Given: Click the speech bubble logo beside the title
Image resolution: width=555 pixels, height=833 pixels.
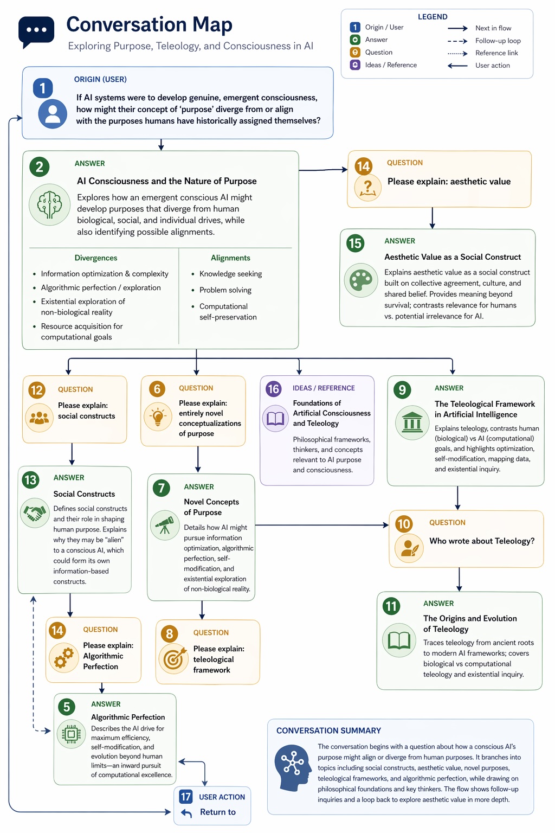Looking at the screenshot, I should pos(36,31).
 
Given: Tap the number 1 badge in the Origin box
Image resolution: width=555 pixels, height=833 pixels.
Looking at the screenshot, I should pos(43,88).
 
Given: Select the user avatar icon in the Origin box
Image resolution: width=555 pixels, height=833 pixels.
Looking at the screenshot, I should pos(53,113).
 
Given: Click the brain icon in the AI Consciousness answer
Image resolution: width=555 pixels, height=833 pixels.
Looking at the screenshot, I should pos(49,204).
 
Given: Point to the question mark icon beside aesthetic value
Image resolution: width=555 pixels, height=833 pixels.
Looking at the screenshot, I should pos(367,188).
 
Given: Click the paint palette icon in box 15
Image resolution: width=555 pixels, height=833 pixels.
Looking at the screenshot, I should pos(361,280).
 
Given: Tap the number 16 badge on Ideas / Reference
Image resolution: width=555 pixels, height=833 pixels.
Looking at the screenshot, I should pos(273,389).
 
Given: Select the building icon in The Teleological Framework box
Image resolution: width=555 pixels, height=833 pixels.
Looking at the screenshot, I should pos(412,422).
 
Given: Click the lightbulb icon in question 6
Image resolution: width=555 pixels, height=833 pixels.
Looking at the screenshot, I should pos(158,416).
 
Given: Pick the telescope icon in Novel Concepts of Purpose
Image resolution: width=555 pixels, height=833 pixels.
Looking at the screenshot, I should pos(165,525).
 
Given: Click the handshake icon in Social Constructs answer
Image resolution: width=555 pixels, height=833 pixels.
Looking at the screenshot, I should pos(35,512).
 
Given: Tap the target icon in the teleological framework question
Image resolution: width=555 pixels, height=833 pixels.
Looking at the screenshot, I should pos(173,658).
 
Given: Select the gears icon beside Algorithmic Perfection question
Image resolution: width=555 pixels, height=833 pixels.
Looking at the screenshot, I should pos(64,657).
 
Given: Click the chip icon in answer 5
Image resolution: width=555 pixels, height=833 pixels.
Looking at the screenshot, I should pos(71,734).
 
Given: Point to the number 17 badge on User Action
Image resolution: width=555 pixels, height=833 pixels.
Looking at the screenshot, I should pos(186,797).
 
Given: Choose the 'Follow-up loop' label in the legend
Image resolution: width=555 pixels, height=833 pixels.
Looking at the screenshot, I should pos(498,41).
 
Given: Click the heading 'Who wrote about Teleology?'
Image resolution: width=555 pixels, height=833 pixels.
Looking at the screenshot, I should pos(482,541).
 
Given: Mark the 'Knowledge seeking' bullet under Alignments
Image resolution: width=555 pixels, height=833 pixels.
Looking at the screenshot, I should pos(230,274).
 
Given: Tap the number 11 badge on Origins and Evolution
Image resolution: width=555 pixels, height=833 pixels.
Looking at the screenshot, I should pos(391,606).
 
